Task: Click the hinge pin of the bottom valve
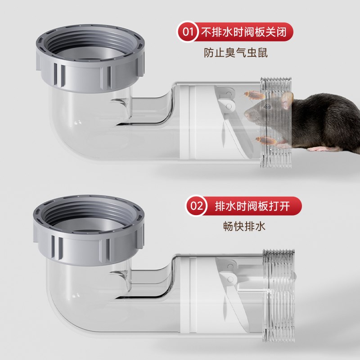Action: coord(231,279)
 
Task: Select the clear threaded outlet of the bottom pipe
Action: coord(279,292)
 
